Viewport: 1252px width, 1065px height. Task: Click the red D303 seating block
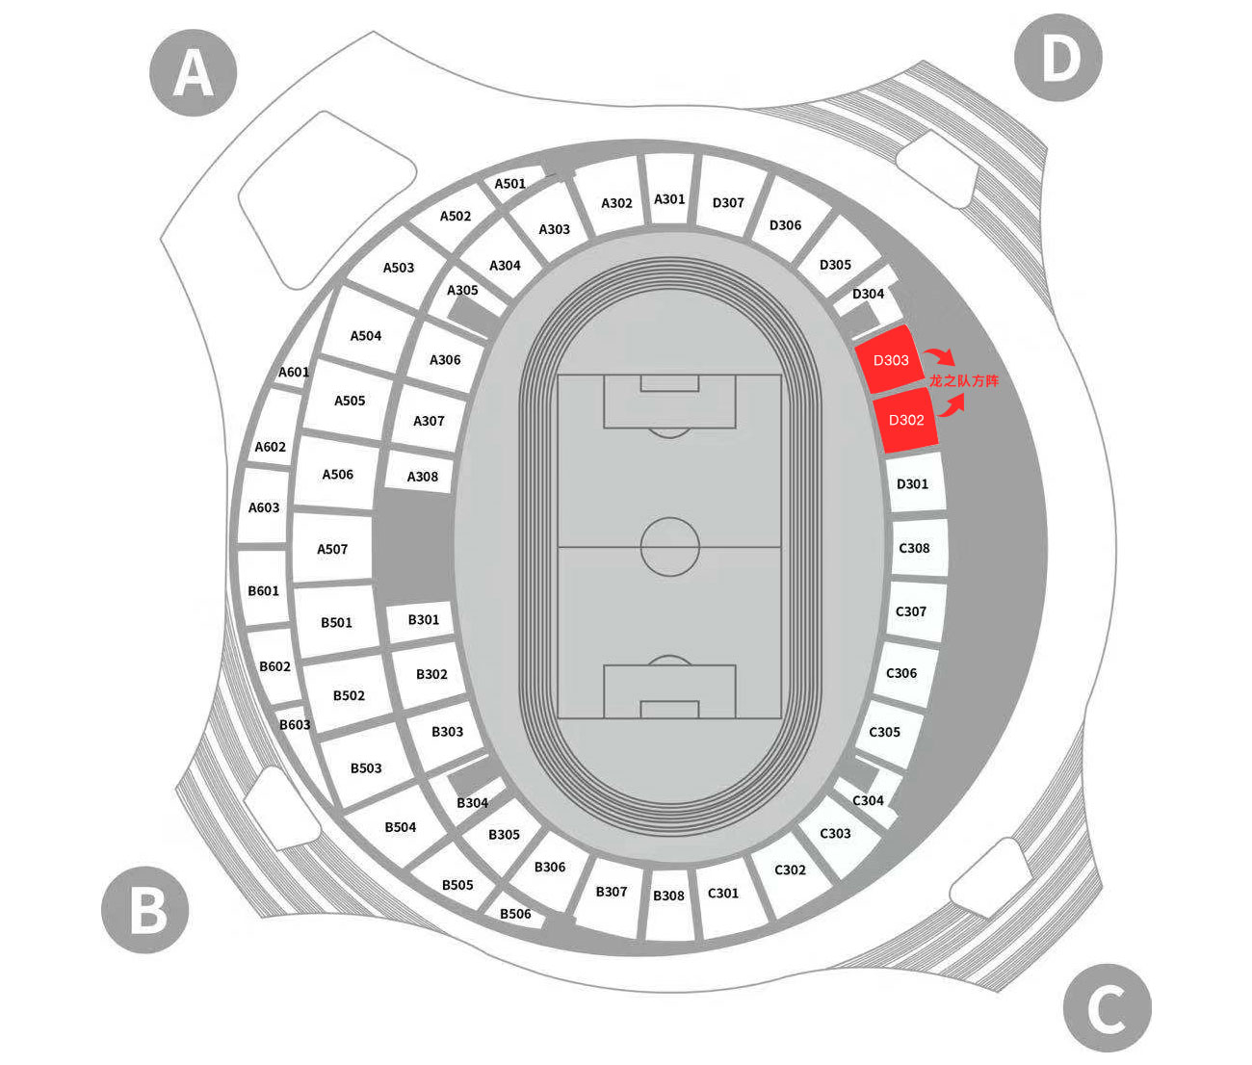click(889, 360)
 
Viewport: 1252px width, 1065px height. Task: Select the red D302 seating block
click(905, 421)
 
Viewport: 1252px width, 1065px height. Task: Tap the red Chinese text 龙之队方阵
click(964, 381)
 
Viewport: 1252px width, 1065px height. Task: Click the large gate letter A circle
click(194, 72)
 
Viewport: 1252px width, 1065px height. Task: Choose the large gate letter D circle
click(1058, 58)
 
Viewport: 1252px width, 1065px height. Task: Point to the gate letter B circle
click(144, 910)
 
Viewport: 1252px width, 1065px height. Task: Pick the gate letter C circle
click(1108, 1008)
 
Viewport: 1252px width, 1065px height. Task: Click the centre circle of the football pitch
click(670, 546)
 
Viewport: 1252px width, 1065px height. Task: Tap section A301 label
click(669, 199)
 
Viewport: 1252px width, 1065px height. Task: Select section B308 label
click(668, 896)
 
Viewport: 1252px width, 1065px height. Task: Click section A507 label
click(332, 549)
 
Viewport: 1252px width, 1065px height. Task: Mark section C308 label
click(913, 548)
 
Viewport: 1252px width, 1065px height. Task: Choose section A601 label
click(294, 372)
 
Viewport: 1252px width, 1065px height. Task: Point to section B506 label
click(515, 914)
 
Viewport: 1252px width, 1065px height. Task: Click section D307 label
click(728, 203)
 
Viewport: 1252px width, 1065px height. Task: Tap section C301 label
click(723, 893)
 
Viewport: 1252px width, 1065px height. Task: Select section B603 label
click(295, 724)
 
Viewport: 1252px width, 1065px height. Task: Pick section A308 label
click(422, 477)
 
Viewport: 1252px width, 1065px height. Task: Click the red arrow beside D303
click(939, 357)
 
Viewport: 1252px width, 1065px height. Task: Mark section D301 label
click(912, 484)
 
